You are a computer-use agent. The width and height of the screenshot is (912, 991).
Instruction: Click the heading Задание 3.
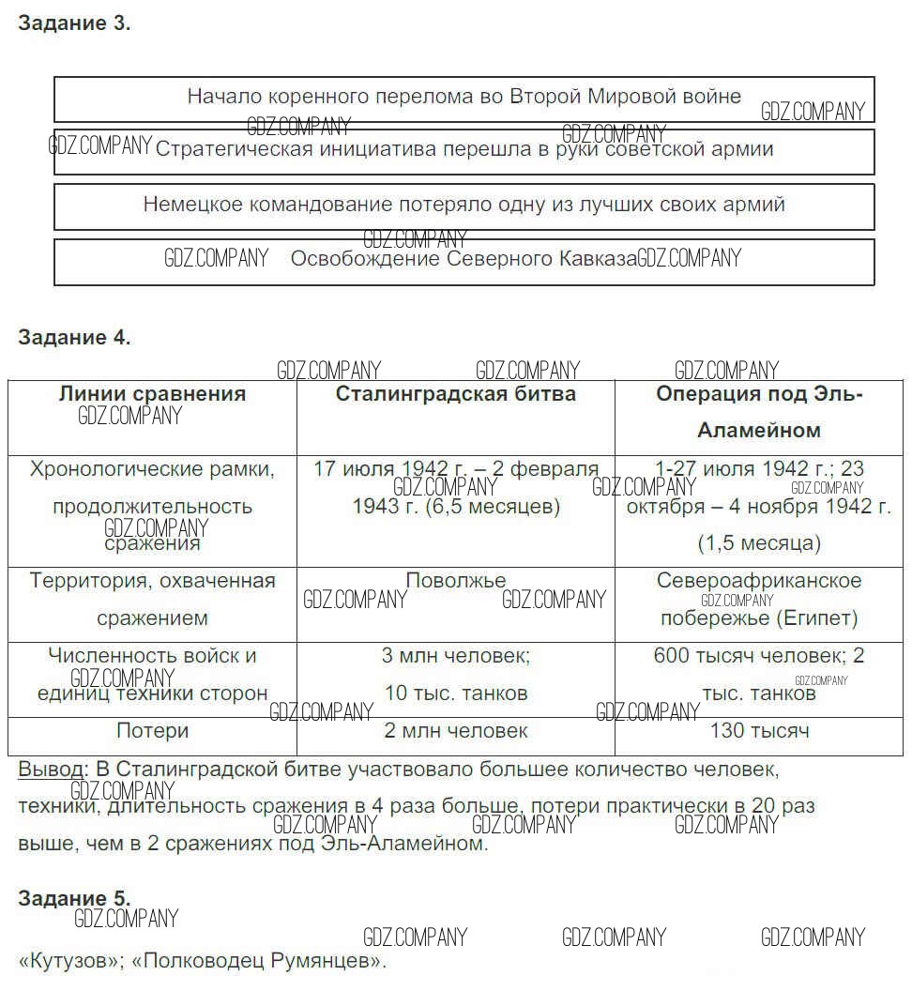pos(74,24)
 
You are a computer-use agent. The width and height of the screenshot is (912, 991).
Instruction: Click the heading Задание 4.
pos(74,338)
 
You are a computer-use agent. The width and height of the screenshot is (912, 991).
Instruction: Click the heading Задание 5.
pos(74,898)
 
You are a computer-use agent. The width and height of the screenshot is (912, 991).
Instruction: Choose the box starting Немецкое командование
pos(464,205)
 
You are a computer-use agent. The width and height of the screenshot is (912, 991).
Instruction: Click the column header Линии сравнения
pos(152,394)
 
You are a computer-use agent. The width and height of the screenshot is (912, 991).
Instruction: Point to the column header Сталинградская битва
pos(456,394)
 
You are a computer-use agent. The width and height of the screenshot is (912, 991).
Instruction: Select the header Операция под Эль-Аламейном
pos(759,412)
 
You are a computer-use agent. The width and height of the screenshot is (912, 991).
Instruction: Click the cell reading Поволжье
pos(456,581)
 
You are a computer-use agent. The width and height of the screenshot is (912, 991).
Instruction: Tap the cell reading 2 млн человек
pos(456,731)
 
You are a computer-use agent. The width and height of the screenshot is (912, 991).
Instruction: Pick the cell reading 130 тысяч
pos(760,731)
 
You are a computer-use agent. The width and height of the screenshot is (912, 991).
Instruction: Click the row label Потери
pos(152,731)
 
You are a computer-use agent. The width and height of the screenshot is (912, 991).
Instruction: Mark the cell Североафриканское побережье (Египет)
pos(759,600)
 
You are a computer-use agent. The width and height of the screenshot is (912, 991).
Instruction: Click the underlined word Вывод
pos(50,770)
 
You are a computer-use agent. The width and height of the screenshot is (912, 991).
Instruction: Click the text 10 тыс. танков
pos(456,694)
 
